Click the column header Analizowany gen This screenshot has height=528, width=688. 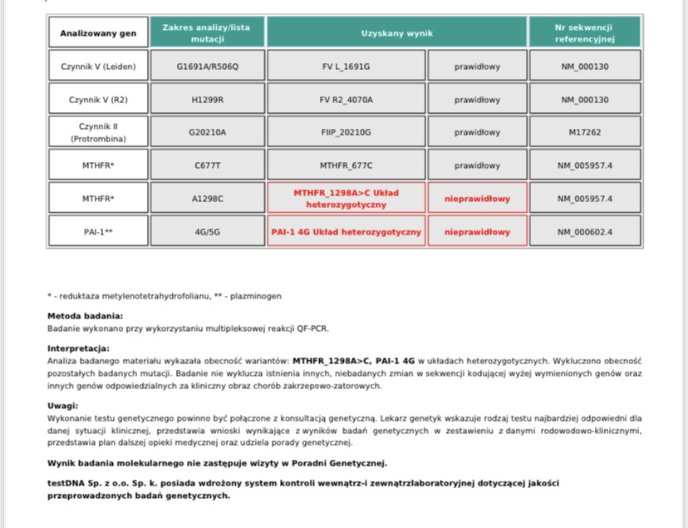[x=98, y=33]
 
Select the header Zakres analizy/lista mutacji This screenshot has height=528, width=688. [x=207, y=33]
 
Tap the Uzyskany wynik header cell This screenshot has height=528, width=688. [x=396, y=33]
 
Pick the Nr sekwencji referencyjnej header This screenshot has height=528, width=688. [x=584, y=33]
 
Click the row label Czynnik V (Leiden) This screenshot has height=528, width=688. [x=98, y=67]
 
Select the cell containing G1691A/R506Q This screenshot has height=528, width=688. [x=207, y=67]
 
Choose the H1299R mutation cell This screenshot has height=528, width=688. [x=207, y=100]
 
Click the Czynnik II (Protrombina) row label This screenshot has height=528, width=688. [x=98, y=132]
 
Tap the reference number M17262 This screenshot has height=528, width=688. [x=584, y=132]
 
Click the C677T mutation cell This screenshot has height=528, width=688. [x=207, y=165]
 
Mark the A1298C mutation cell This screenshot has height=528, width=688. [x=207, y=199]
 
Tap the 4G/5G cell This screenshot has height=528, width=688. [x=207, y=232]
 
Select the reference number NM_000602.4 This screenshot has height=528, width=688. [x=584, y=232]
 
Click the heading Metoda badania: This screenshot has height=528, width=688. [x=86, y=316]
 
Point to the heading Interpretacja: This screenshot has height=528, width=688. [x=79, y=348]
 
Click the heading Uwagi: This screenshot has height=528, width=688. [x=62, y=405]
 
